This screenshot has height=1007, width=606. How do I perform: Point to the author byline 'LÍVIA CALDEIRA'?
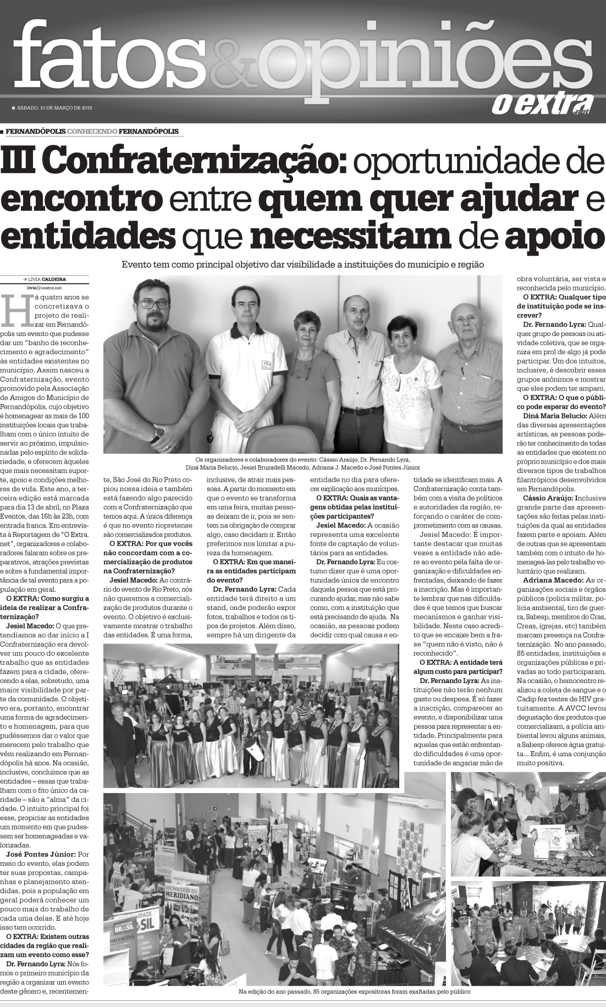[x=57, y=279]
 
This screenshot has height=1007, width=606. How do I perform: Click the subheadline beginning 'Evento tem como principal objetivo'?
[x=302, y=265]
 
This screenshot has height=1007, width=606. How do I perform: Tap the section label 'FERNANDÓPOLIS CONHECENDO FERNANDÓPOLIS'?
[x=92, y=131]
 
